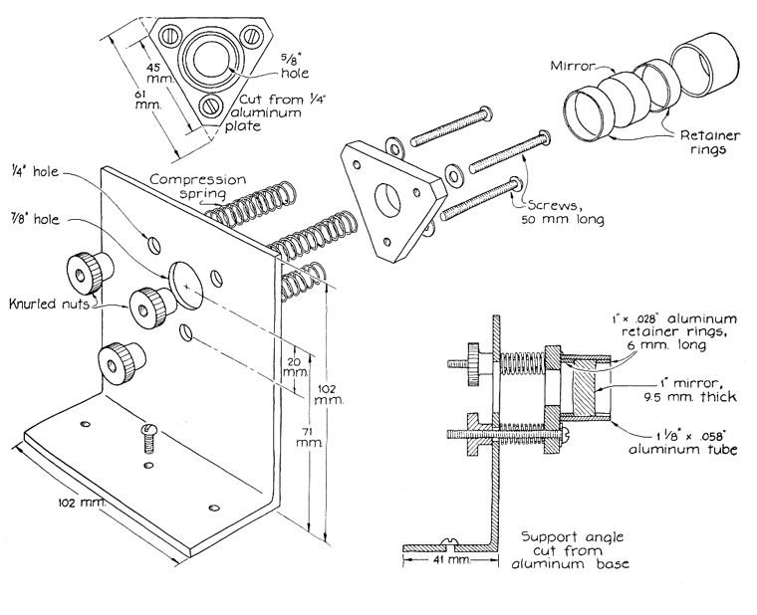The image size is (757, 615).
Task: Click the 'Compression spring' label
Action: click(x=189, y=184)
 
